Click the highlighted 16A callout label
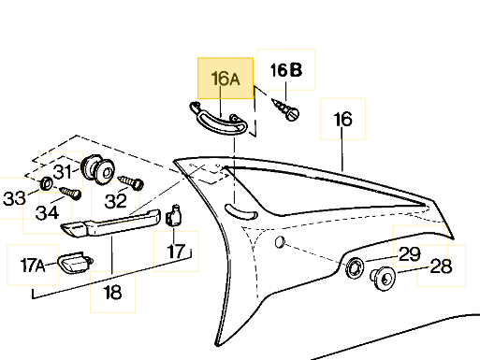tap(225, 79)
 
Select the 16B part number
tap(286, 70)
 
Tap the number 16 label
tap(342, 119)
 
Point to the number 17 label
tap(176, 252)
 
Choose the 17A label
tap(33, 265)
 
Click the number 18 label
tap(112, 292)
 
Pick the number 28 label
tap(441, 266)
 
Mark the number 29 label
tap(410, 254)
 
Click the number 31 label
tap(63, 171)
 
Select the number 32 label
tap(116, 201)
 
